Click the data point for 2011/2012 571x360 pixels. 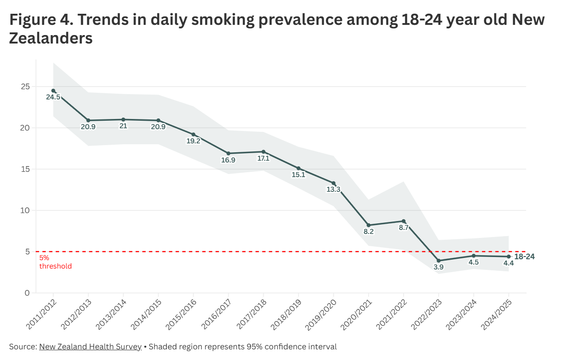(53, 91)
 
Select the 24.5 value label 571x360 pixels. (53, 97)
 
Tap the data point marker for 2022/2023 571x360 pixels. (439, 261)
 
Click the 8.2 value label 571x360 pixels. (369, 232)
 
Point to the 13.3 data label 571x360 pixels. (333, 190)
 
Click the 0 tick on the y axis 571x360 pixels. (28, 293)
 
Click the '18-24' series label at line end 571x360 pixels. (524, 257)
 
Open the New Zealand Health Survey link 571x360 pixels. (90, 347)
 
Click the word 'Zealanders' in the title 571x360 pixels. (51, 38)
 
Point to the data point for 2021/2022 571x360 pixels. (404, 221)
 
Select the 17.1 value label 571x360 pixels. (263, 158)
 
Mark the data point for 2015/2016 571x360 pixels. (194, 135)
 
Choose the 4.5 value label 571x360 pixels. (474, 262)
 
